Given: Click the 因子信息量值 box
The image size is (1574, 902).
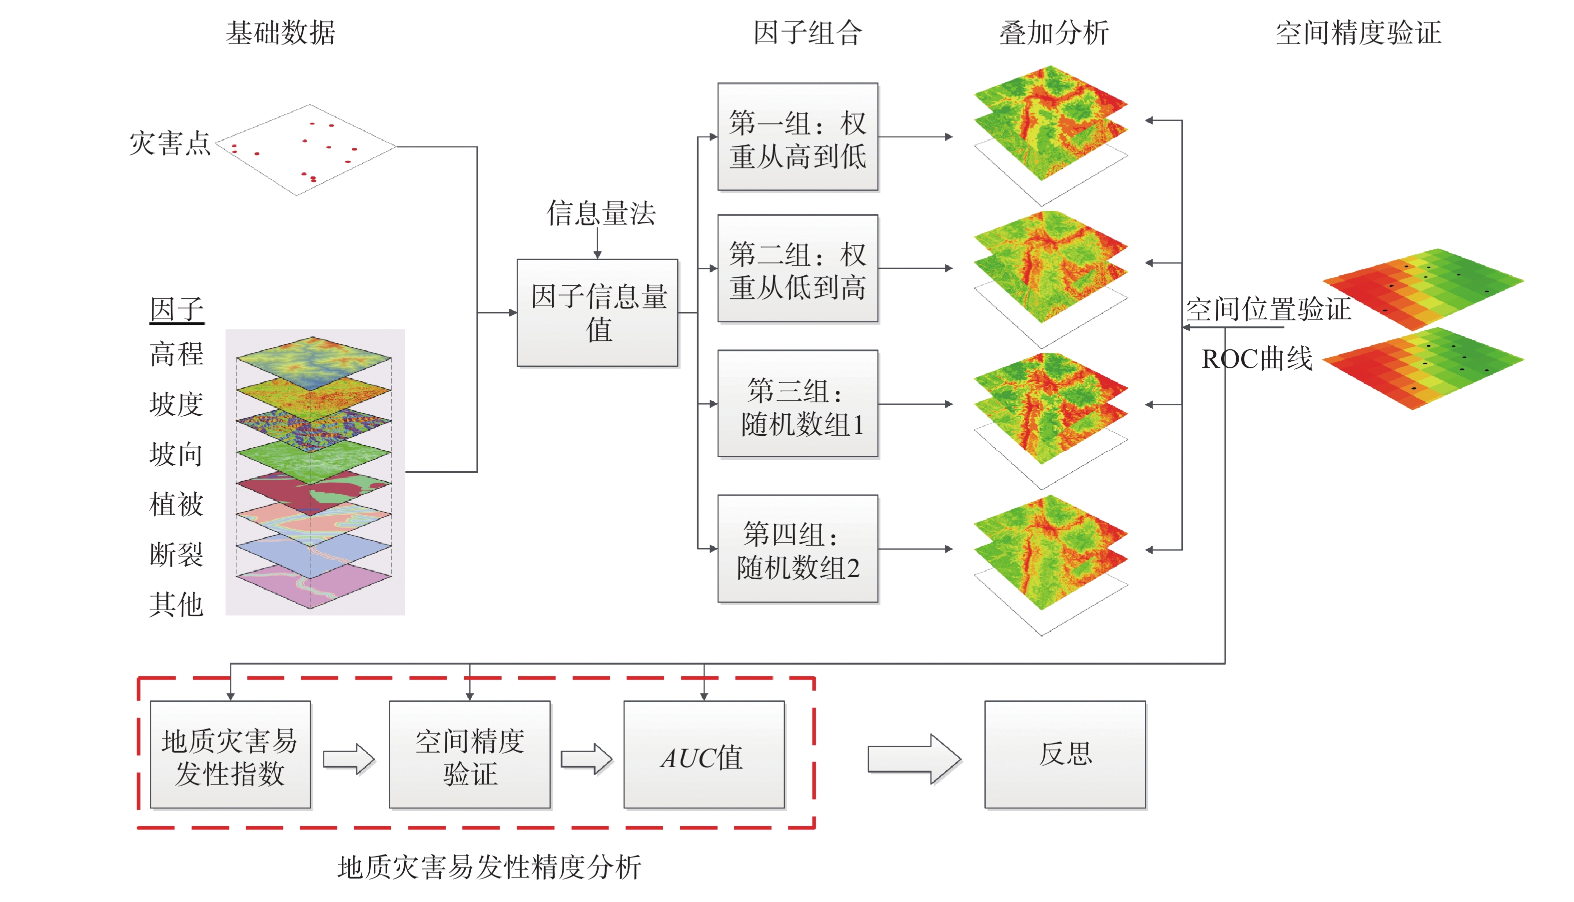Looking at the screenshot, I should pyautogui.click(x=597, y=313).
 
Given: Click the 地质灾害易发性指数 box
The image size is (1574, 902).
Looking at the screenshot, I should pyautogui.click(x=230, y=755).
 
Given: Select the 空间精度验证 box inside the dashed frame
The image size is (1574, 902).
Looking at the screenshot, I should pyautogui.click(x=470, y=755).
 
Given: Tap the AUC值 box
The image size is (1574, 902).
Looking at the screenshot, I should pyautogui.click(x=704, y=755).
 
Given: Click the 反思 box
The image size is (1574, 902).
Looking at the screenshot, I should pyautogui.click(x=1065, y=755).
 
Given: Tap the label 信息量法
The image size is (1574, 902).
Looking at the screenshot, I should pyautogui.click(x=600, y=213).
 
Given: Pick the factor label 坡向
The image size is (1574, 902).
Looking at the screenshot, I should pyautogui.click(x=176, y=454).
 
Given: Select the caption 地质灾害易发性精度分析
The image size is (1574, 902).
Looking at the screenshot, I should pyautogui.click(x=489, y=867).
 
